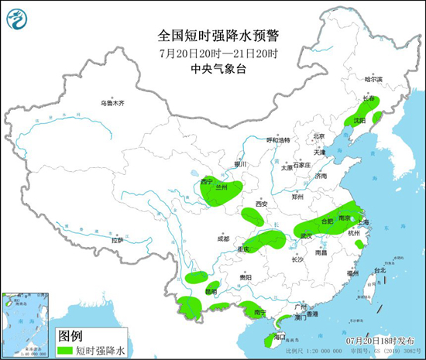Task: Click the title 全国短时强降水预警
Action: point(212,36)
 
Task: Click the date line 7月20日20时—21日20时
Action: point(212,53)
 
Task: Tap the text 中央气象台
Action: point(212,70)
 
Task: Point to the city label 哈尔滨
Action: point(374,79)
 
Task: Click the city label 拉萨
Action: point(117,241)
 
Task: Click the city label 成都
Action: point(223,238)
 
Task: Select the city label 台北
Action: point(380,271)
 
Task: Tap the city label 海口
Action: point(281,336)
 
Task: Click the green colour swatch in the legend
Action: point(70,349)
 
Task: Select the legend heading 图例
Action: point(70,334)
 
